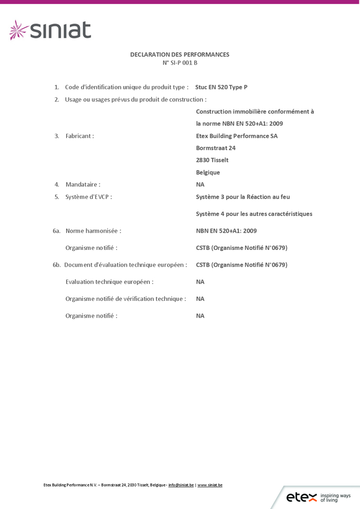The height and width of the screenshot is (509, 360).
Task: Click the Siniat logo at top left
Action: (50, 30)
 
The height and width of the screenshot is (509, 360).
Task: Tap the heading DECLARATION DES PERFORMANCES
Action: (180, 54)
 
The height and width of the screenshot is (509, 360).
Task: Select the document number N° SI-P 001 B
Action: (180, 63)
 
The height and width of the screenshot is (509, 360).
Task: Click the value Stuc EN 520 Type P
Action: (221, 87)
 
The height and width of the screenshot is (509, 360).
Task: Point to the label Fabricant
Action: (79, 136)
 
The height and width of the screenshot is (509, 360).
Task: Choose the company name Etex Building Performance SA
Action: (237, 136)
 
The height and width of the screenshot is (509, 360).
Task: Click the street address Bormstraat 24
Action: (216, 148)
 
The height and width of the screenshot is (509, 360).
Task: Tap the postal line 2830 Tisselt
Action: (212, 160)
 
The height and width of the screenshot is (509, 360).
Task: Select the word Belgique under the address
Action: (208, 172)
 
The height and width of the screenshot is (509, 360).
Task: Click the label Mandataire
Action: (82, 184)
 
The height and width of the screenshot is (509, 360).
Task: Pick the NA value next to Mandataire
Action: (200, 184)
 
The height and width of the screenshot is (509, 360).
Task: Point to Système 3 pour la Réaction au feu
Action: (243, 196)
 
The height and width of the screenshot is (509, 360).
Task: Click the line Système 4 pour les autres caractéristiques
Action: (254, 214)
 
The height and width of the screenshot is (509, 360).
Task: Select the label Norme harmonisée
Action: (93, 231)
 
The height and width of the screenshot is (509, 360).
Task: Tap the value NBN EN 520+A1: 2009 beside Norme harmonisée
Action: (226, 231)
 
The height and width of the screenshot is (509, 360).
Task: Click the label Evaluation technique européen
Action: (109, 281)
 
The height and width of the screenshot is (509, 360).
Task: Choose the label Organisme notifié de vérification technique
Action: (125, 299)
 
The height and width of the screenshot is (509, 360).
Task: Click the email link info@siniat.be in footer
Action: (181, 485)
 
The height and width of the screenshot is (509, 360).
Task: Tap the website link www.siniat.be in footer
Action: (210, 485)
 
